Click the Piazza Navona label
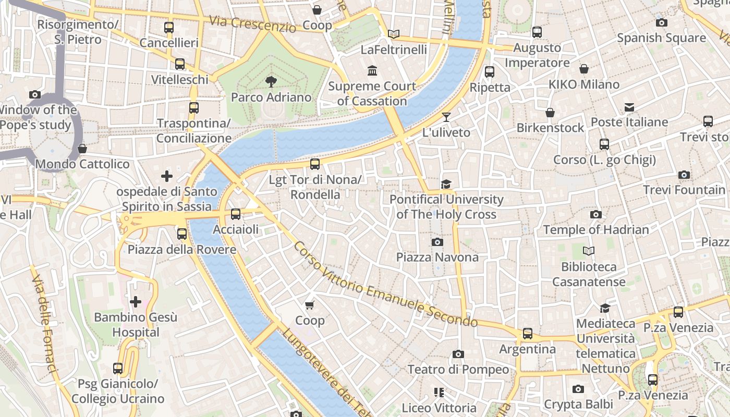(437, 257)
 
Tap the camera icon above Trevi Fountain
(684, 175)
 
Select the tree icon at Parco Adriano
(271, 81)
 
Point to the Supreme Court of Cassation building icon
(372, 70)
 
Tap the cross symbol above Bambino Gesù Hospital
(136, 302)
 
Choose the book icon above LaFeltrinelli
(394, 34)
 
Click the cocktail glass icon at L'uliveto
(446, 117)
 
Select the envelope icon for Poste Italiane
(629, 107)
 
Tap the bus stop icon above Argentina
(528, 334)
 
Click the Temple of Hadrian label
(596, 230)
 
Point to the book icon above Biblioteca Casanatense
(589, 251)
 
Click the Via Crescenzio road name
(252, 24)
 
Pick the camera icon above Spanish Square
(662, 22)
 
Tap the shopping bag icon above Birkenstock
(550, 113)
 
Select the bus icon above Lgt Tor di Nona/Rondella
(314, 164)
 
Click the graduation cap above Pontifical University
(446, 184)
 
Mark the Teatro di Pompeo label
(458, 370)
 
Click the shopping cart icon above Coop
(310, 305)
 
